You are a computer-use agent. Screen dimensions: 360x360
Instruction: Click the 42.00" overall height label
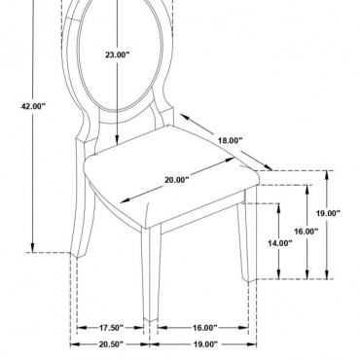[33, 106]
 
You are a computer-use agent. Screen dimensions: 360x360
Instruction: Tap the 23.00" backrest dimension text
[117, 54]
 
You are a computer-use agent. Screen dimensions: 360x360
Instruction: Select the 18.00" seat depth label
[230, 141]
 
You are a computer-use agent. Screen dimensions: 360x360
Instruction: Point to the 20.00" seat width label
[176, 180]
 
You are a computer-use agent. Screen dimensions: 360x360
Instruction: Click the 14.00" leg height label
[280, 243]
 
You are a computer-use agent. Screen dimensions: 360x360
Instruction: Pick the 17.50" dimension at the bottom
[111, 328]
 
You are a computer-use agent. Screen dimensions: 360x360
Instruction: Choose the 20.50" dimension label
[111, 344]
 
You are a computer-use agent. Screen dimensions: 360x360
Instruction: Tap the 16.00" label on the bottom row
[205, 328]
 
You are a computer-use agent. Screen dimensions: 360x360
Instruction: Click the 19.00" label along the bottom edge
[205, 344]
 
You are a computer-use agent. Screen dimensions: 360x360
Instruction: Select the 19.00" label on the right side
[328, 213]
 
